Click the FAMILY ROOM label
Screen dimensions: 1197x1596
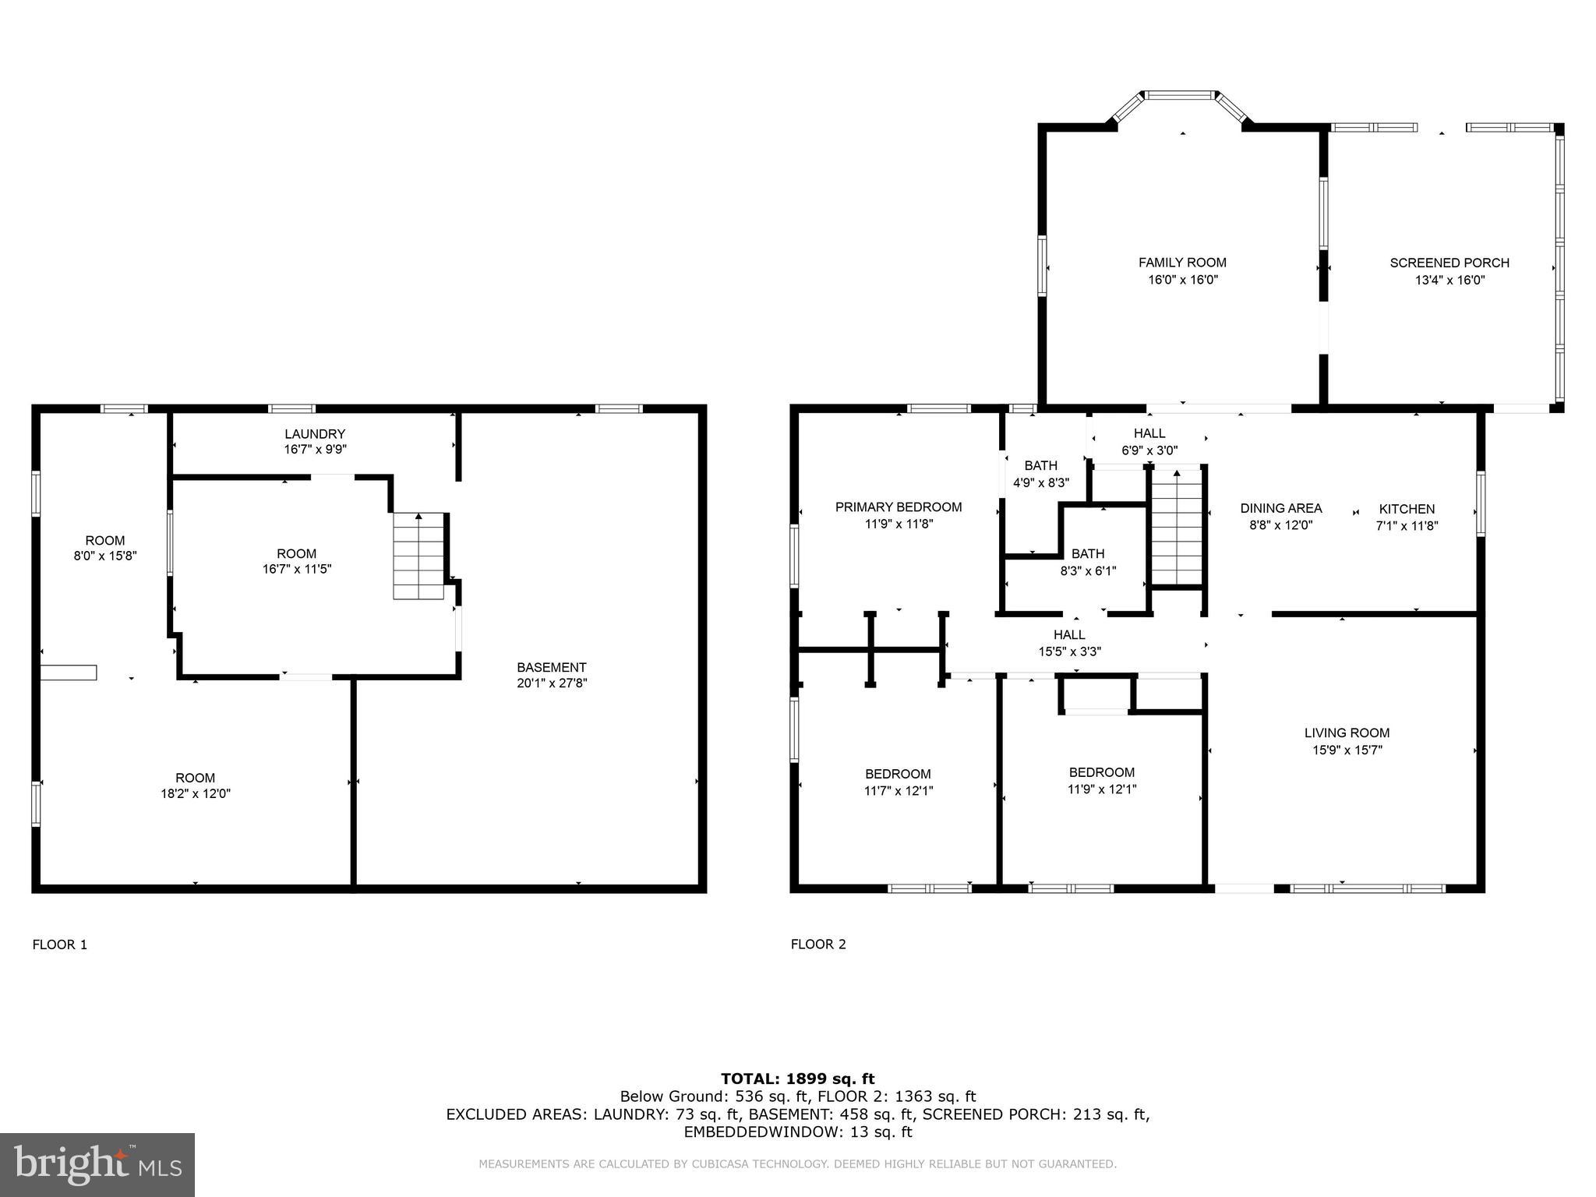1182,263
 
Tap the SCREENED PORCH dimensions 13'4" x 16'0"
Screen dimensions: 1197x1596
1449,280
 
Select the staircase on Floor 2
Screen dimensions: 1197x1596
1179,526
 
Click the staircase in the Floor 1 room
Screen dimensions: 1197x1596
419,556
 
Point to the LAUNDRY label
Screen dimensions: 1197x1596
315,434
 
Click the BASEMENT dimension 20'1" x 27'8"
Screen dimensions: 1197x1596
551,683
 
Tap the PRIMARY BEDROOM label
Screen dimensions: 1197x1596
899,507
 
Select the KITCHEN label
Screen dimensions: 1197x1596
1407,509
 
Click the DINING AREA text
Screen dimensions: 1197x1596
1281,509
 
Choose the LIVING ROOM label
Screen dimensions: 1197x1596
1347,733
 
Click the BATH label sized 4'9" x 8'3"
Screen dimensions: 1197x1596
1040,466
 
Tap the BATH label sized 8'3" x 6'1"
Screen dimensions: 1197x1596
1088,554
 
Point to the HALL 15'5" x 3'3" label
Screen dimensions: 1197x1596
1069,635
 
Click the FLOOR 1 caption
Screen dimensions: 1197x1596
60,945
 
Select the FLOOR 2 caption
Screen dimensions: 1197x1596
818,945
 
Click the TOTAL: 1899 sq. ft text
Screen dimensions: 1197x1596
797,1079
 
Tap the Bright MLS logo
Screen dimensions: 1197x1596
97,1164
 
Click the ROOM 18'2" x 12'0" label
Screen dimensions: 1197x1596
195,778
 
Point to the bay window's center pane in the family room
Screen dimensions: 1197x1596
1181,95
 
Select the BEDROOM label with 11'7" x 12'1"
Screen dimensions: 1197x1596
898,774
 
